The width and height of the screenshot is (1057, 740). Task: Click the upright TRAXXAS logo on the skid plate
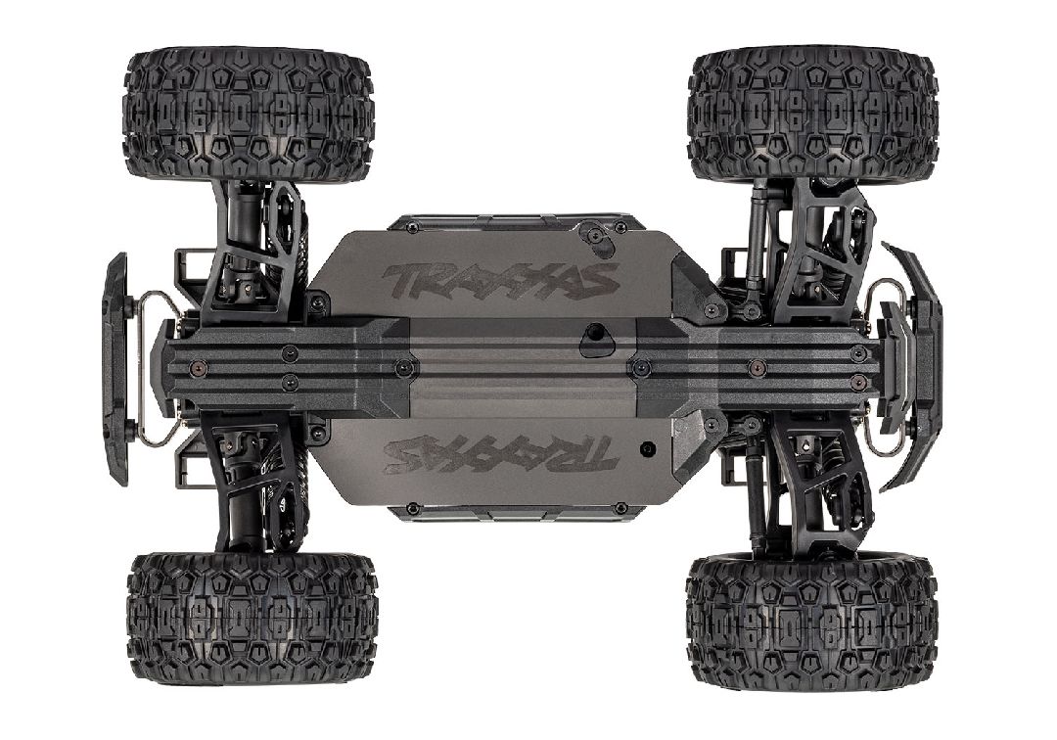click(499, 279)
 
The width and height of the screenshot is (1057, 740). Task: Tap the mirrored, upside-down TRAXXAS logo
click(500, 455)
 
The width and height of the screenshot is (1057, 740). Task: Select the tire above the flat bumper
click(248, 116)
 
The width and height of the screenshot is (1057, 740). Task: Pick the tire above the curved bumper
click(812, 116)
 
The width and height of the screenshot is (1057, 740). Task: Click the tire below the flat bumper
click(252, 618)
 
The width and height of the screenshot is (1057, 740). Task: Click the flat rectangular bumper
click(115, 368)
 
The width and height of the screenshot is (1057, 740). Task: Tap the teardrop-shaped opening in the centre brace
click(593, 340)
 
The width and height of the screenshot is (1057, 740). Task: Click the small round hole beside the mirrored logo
click(645, 447)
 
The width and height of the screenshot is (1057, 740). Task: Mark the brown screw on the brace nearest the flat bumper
click(197, 366)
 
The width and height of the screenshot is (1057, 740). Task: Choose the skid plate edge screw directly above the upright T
click(411, 227)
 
